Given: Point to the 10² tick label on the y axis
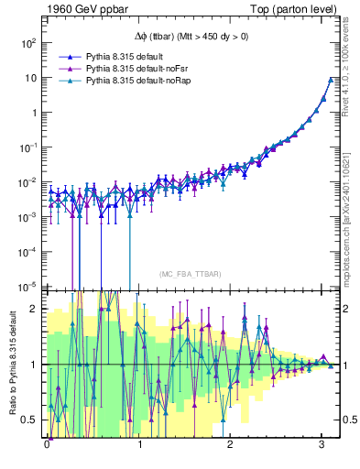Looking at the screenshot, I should (x=27, y=42).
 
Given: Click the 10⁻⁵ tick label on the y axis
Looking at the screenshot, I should (x=27, y=285).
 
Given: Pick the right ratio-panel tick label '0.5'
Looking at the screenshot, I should (x=349, y=420).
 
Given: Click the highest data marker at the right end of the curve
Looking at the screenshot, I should (x=331, y=79).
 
